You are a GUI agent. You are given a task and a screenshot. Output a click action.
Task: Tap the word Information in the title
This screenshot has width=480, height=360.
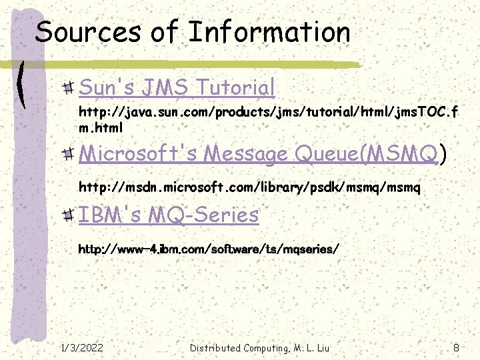269,31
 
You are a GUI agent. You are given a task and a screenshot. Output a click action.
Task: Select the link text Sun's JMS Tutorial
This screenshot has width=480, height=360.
177,87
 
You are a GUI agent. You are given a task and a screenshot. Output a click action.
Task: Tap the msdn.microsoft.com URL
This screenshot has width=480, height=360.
249,188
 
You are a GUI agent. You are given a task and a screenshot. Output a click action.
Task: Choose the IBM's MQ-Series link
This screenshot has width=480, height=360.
169,215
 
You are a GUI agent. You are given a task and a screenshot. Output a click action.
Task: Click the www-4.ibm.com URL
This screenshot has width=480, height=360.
209,249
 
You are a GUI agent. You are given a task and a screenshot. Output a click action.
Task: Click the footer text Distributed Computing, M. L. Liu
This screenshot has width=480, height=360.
259,347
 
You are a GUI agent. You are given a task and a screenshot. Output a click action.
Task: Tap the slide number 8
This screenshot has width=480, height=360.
455,347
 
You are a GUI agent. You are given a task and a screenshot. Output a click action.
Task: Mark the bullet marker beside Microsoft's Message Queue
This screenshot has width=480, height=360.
69,155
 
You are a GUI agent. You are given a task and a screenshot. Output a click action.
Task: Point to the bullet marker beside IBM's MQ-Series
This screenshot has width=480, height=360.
69,215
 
